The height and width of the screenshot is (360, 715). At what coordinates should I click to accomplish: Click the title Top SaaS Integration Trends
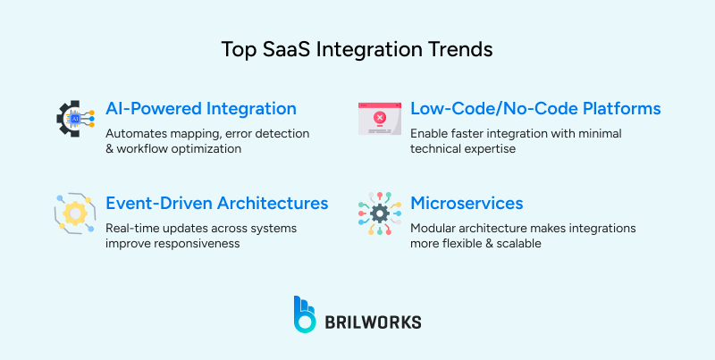click(x=357, y=50)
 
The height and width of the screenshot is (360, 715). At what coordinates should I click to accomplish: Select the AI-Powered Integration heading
click(x=200, y=109)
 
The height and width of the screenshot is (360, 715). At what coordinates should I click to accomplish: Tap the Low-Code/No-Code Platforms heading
click(x=535, y=109)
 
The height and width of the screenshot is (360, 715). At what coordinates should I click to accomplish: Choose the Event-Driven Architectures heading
click(x=216, y=204)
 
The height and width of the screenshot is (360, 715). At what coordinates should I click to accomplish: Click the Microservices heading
click(x=467, y=204)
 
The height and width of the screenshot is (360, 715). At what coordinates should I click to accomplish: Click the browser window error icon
click(x=379, y=118)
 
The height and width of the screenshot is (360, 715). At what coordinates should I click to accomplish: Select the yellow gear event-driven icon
click(x=75, y=213)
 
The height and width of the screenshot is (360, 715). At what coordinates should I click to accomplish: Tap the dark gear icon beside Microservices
click(x=379, y=213)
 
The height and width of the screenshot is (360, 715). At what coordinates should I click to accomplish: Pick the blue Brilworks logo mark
click(x=304, y=314)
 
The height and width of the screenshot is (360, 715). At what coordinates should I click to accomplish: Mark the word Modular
click(x=435, y=228)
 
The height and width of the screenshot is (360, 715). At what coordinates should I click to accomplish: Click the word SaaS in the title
click(x=275, y=50)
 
